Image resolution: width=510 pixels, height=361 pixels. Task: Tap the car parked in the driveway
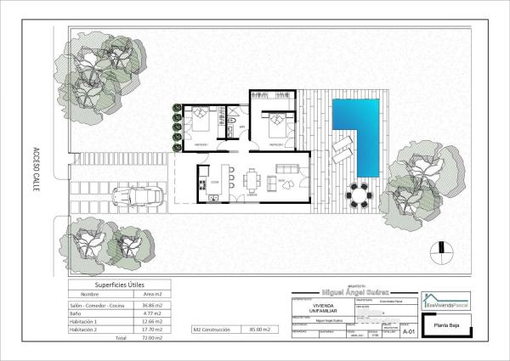coord(139,197)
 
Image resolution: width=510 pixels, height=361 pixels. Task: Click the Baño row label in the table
coord(77,313)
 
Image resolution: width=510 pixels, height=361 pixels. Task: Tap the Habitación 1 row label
coord(83,322)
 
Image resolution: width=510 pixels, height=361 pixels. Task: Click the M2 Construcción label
coord(209,329)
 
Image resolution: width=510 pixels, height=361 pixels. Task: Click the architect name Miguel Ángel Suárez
coord(353,290)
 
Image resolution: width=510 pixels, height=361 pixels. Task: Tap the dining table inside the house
coord(251,180)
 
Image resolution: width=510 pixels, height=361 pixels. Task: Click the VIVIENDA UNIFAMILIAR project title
coord(313,307)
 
